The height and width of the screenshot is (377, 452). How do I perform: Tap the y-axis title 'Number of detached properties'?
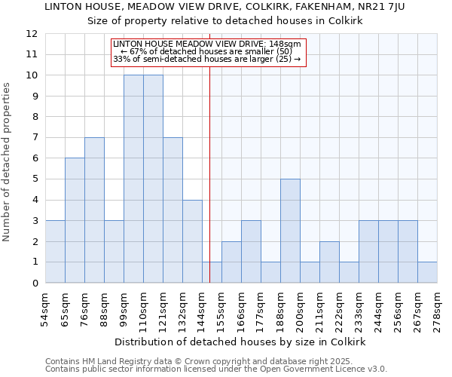tap(7, 162)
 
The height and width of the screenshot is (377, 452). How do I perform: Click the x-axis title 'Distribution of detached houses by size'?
tap(240, 342)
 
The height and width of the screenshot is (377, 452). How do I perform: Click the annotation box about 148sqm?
tap(209, 52)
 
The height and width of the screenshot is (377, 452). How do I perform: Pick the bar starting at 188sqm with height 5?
tap(290, 231)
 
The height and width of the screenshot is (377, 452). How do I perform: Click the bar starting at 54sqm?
tap(55, 252)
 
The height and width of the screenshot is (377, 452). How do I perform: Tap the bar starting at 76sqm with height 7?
tap(94, 210)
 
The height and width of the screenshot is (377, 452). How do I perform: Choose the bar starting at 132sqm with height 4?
tap(192, 241)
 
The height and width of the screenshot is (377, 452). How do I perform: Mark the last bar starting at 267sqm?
tap(427, 272)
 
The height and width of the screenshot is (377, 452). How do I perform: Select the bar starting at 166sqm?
tap(251, 252)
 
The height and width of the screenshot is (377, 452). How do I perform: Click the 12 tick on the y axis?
tap(31, 34)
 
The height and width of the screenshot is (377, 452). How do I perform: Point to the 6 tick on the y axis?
tap(34, 158)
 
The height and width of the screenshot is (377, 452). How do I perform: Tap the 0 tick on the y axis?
tap(34, 284)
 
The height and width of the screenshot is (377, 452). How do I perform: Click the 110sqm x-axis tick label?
tap(143, 308)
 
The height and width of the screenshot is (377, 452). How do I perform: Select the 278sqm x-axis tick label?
tap(437, 308)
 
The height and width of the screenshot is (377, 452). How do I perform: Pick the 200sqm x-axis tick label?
tap(300, 308)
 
